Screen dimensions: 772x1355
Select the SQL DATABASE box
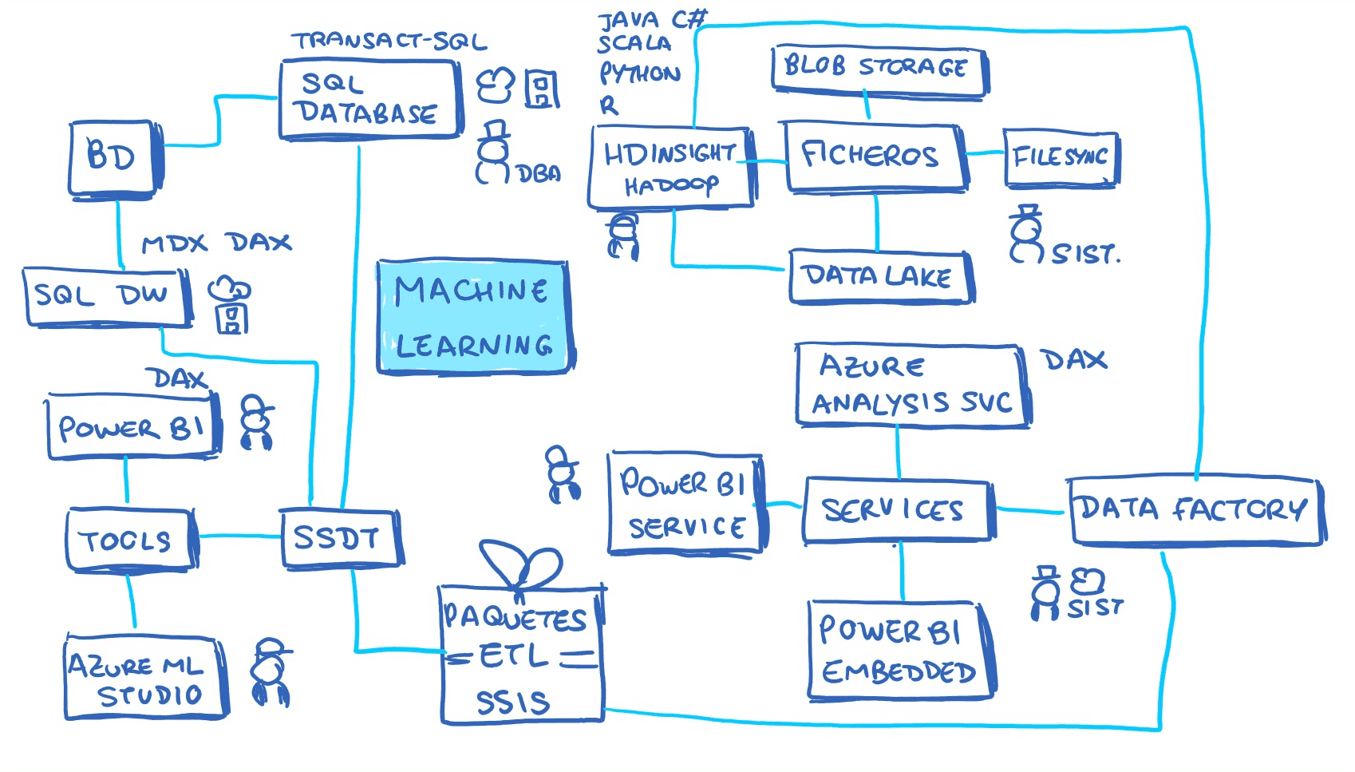tap(369, 100)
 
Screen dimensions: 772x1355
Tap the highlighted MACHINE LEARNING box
tap(473, 317)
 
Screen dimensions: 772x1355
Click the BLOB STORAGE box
tap(878, 69)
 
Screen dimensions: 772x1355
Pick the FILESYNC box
tap(1061, 158)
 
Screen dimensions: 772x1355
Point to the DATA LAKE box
tap(879, 277)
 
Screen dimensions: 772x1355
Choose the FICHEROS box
tap(875, 157)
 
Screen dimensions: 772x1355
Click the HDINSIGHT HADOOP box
tap(670, 168)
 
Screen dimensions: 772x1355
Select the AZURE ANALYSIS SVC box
tap(911, 385)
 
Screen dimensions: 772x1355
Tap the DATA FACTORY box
tap(1194, 511)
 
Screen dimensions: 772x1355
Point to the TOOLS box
tap(128, 540)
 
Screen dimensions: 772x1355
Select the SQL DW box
tap(105, 297)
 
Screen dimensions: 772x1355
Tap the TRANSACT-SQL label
tap(389, 41)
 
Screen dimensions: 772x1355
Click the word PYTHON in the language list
tap(640, 74)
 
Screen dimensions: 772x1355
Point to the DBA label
tap(539, 174)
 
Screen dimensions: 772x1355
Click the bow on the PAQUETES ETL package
tap(523, 565)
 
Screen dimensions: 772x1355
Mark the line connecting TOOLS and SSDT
tap(238, 536)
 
